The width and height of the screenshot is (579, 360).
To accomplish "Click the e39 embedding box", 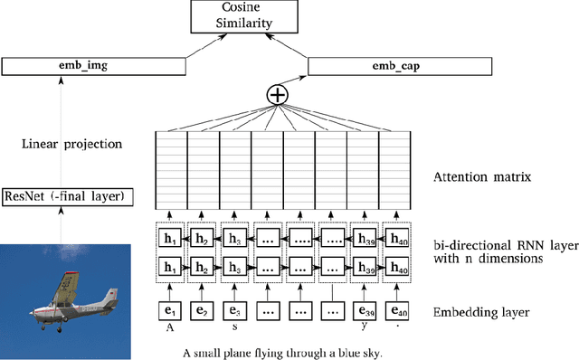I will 365,310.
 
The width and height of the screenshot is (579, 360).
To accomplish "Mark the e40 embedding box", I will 397,310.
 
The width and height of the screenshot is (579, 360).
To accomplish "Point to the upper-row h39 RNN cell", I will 365,237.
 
